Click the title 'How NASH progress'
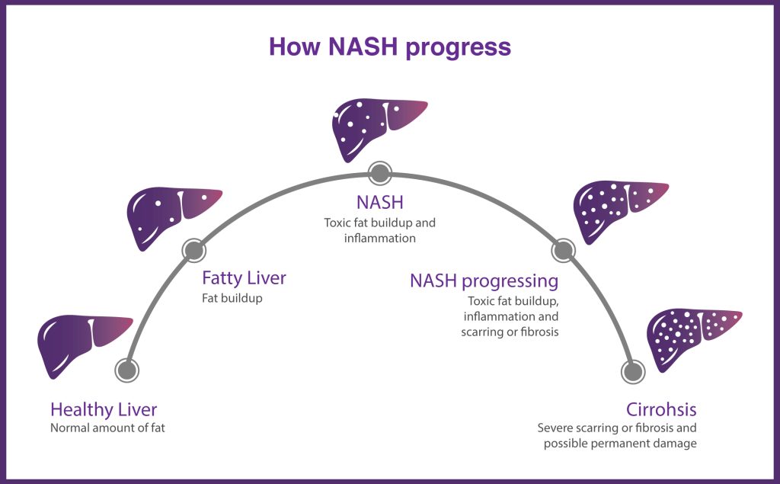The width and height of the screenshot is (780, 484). (x=389, y=46)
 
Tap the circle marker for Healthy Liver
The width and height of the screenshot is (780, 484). (x=126, y=370)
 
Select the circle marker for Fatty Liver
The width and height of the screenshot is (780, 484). (x=193, y=249)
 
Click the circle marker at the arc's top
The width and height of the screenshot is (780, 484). (x=379, y=173)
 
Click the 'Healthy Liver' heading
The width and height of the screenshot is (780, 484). (x=104, y=409)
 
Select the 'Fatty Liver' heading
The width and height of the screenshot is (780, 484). (x=244, y=278)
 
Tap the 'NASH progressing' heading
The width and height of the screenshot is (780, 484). (x=484, y=280)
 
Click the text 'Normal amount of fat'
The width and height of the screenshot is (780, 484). (x=107, y=428)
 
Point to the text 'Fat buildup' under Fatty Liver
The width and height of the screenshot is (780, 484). (x=232, y=298)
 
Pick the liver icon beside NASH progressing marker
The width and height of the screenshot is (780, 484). (x=618, y=209)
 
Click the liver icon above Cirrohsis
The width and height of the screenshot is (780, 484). (x=690, y=335)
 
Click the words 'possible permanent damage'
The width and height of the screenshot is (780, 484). (x=619, y=444)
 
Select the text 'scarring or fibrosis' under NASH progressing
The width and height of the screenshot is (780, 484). (x=510, y=332)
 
